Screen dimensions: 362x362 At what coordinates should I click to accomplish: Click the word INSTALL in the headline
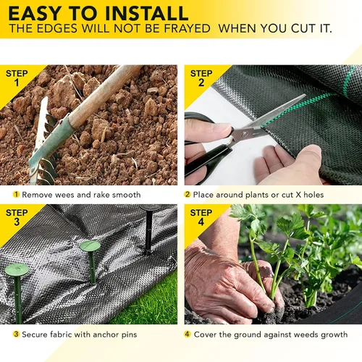(147, 13)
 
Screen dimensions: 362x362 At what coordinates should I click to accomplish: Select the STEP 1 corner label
(17, 77)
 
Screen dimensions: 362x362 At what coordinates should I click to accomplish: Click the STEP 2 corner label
(201, 77)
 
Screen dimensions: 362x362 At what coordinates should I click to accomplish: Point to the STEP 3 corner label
(17, 217)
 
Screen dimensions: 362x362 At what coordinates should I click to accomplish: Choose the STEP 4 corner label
(201, 217)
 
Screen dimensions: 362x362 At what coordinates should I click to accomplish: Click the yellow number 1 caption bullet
(16, 194)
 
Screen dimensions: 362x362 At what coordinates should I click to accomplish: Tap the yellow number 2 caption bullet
(188, 194)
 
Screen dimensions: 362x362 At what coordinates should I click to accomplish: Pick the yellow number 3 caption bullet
(16, 334)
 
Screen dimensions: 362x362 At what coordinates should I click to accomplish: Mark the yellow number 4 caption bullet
(188, 334)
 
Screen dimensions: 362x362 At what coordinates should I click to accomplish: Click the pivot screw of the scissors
(245, 133)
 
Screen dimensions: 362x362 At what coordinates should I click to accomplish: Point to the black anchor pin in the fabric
(149, 230)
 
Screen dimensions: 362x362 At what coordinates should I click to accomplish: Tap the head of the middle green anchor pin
(90, 246)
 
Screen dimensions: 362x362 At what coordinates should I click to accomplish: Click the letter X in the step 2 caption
(298, 195)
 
